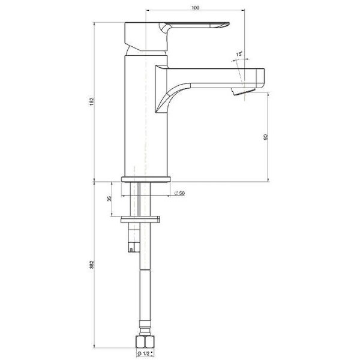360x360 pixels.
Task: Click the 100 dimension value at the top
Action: [196, 8]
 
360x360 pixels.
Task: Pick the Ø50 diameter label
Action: [179, 193]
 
